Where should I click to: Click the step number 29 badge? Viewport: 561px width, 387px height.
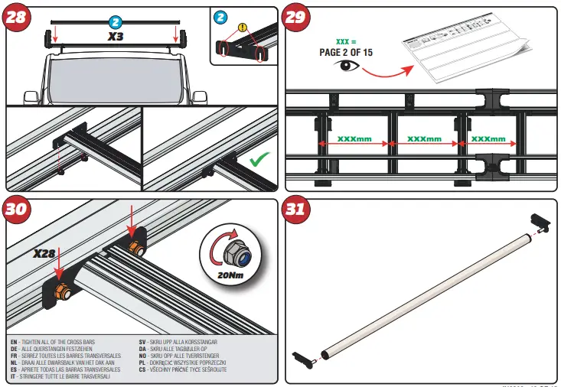296,18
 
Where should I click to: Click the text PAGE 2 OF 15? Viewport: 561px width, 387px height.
347,52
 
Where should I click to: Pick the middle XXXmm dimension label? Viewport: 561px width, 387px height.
425,139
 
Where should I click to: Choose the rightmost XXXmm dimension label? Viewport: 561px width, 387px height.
488,139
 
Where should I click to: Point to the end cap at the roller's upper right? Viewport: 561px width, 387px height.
540,222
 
